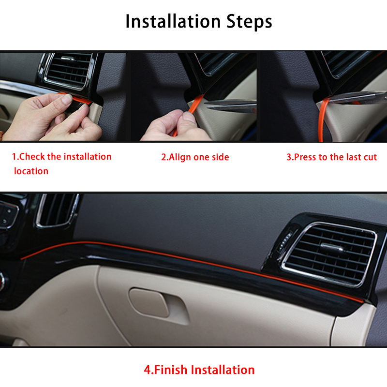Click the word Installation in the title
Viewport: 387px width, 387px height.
pos(173,21)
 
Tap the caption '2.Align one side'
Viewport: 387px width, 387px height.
pos(195,157)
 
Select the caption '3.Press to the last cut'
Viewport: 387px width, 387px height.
pos(331,157)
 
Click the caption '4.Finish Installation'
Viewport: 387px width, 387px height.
pos(199,370)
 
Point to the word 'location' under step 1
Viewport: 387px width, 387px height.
pos(31,171)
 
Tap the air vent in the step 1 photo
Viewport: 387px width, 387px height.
pos(68,70)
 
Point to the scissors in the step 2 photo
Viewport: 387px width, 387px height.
pos(231,105)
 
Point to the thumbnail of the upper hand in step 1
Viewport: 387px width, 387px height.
pos(67,99)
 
